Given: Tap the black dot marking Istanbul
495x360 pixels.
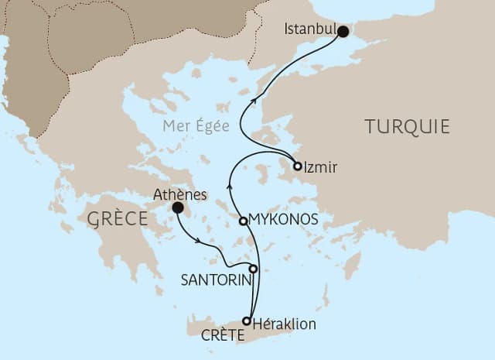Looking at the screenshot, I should point(343,32).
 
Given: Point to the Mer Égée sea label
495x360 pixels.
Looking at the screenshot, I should point(196,126).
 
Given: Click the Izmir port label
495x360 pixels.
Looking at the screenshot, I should point(322,166).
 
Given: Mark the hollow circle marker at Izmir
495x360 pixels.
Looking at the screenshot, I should point(297,166).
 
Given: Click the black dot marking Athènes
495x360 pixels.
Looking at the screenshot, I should point(178,207).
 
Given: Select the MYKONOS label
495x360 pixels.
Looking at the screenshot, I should point(283,220).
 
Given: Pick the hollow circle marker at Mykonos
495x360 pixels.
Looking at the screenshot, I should point(244,221).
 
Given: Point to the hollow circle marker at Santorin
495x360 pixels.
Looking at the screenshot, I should point(253,269).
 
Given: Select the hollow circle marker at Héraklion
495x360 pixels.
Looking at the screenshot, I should point(247,321).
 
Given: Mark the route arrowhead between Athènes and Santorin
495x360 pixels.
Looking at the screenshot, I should point(200,243).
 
